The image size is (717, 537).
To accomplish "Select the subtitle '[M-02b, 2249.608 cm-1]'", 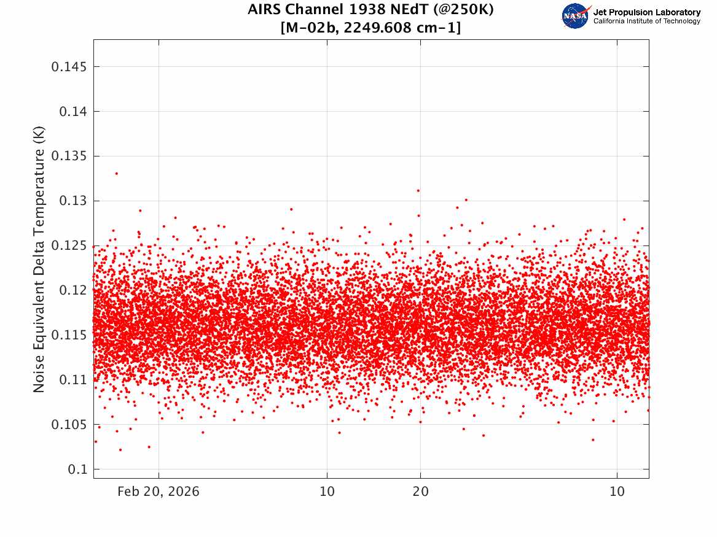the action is (370, 28).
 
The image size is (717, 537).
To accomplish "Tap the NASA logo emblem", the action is (576, 17).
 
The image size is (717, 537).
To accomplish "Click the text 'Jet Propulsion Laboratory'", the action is (646, 12).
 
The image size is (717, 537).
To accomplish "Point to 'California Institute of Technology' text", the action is (646, 21).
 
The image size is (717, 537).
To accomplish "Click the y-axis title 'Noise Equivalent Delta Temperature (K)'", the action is (39, 259).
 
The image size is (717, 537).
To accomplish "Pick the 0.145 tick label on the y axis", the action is (69, 67).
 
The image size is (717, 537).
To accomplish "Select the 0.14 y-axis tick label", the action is (72, 112).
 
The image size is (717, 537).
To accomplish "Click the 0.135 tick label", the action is (69, 156).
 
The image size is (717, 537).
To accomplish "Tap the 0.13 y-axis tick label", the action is (72, 201).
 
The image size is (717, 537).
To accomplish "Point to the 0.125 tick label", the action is (69, 245).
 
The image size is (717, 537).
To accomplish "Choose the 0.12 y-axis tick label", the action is (72, 290).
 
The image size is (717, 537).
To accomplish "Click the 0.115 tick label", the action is (69, 335).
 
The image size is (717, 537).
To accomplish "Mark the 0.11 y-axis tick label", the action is (72, 380).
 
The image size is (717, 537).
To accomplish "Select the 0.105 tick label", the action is (69, 425).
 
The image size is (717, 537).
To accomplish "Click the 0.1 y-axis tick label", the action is (77, 469).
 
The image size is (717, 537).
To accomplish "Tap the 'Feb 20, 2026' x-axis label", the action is (159, 492).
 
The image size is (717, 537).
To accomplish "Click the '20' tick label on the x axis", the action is (421, 492).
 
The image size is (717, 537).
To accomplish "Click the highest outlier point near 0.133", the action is (116, 174).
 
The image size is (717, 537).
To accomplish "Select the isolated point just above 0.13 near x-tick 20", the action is (418, 190).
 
